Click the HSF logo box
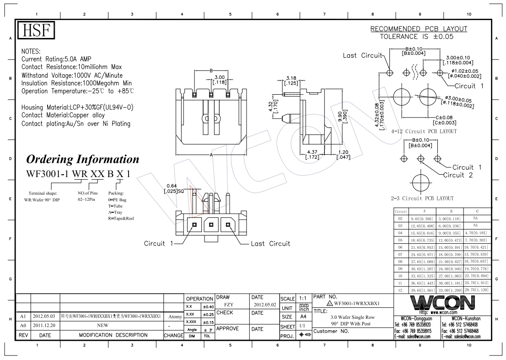[x=37, y=32]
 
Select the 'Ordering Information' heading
[x=83, y=159]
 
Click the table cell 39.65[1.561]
[x=423, y=290]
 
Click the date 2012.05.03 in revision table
[x=44, y=316]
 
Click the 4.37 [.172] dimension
[x=313, y=155]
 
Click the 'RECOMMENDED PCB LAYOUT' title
[x=419, y=29]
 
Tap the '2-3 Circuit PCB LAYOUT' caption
[x=422, y=199]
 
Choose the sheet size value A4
[x=303, y=317]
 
